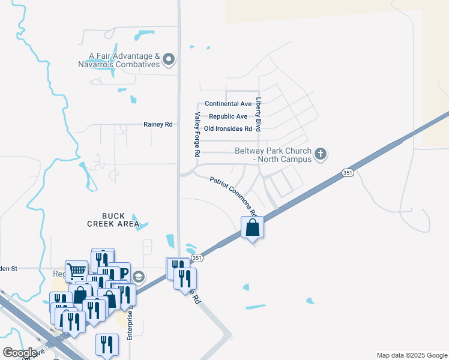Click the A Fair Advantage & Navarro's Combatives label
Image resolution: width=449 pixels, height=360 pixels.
coord(124,60)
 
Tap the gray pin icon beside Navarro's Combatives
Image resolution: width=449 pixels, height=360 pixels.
coord(169,59)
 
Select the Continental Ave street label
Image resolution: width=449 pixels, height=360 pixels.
coord(228,104)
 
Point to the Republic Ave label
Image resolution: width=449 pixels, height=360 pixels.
coord(228,116)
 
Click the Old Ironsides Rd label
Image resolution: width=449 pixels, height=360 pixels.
coord(228,129)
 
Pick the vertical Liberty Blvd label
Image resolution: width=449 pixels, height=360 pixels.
coord(259,114)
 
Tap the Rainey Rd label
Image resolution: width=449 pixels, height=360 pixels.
coord(158,124)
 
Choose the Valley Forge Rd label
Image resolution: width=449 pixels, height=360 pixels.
coord(196,134)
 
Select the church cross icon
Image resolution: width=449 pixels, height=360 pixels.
coord(321,154)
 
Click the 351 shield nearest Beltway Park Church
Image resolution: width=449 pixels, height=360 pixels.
coord(348,173)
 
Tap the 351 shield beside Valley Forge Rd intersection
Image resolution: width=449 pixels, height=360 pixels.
coord(196,258)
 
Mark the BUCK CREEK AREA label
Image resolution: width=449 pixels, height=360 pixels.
coord(113,220)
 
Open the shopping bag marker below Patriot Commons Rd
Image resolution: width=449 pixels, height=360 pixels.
coord(253,227)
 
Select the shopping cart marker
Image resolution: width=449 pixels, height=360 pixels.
coord(77,272)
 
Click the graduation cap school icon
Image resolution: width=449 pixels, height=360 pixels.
coord(139,277)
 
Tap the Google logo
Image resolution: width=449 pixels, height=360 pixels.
coord(20,353)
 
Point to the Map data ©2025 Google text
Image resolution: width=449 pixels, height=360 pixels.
coord(411,355)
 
